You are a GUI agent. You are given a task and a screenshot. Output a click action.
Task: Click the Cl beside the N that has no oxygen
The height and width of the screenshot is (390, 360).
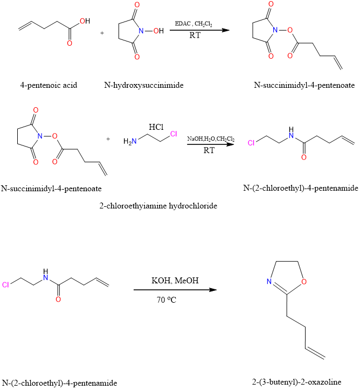click(x=174, y=134)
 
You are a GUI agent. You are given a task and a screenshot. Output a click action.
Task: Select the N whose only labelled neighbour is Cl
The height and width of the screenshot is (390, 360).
click(x=134, y=141)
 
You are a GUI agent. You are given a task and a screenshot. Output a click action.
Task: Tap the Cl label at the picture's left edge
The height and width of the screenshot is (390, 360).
click(x=5, y=285)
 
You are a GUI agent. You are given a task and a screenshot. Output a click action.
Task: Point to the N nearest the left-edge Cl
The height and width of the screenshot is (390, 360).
click(x=46, y=278)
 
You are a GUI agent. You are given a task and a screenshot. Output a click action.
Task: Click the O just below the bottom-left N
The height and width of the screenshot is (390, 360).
click(x=58, y=300)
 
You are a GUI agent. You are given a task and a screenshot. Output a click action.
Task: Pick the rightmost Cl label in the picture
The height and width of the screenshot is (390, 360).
click(x=251, y=143)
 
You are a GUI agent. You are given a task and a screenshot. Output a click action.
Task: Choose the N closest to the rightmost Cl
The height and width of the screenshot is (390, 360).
click(x=291, y=136)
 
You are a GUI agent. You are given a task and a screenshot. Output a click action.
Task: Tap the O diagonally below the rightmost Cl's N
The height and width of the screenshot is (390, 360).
click(x=304, y=157)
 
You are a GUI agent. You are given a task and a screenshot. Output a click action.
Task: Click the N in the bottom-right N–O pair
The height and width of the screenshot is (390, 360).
click(x=269, y=282)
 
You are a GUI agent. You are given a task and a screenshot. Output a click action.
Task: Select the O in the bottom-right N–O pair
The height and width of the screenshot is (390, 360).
click(x=304, y=282)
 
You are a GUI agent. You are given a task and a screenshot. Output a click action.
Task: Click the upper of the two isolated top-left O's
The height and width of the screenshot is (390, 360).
click(x=82, y=21)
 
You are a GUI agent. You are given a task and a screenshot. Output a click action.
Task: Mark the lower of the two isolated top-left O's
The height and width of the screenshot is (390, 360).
click(x=70, y=43)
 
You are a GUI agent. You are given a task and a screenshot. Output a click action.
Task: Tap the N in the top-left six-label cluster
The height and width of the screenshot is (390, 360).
click(x=141, y=31)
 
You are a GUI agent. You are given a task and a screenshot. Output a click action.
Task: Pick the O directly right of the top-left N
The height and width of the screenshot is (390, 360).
click(x=156, y=31)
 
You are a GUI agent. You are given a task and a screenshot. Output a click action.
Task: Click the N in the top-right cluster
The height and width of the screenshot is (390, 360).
click(x=275, y=30)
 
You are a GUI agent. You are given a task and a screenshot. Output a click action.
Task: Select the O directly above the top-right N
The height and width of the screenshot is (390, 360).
click(x=271, y=4)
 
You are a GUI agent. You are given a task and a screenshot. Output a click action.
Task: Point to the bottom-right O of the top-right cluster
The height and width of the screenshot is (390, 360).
click(x=290, y=55)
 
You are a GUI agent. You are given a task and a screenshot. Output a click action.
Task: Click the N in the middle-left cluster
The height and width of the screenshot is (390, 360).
click(x=40, y=136)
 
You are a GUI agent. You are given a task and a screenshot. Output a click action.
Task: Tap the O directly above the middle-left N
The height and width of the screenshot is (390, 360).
click(x=36, y=110)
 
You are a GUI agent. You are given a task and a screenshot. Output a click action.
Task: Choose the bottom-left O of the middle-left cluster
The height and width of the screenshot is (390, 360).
click(x=36, y=162)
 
